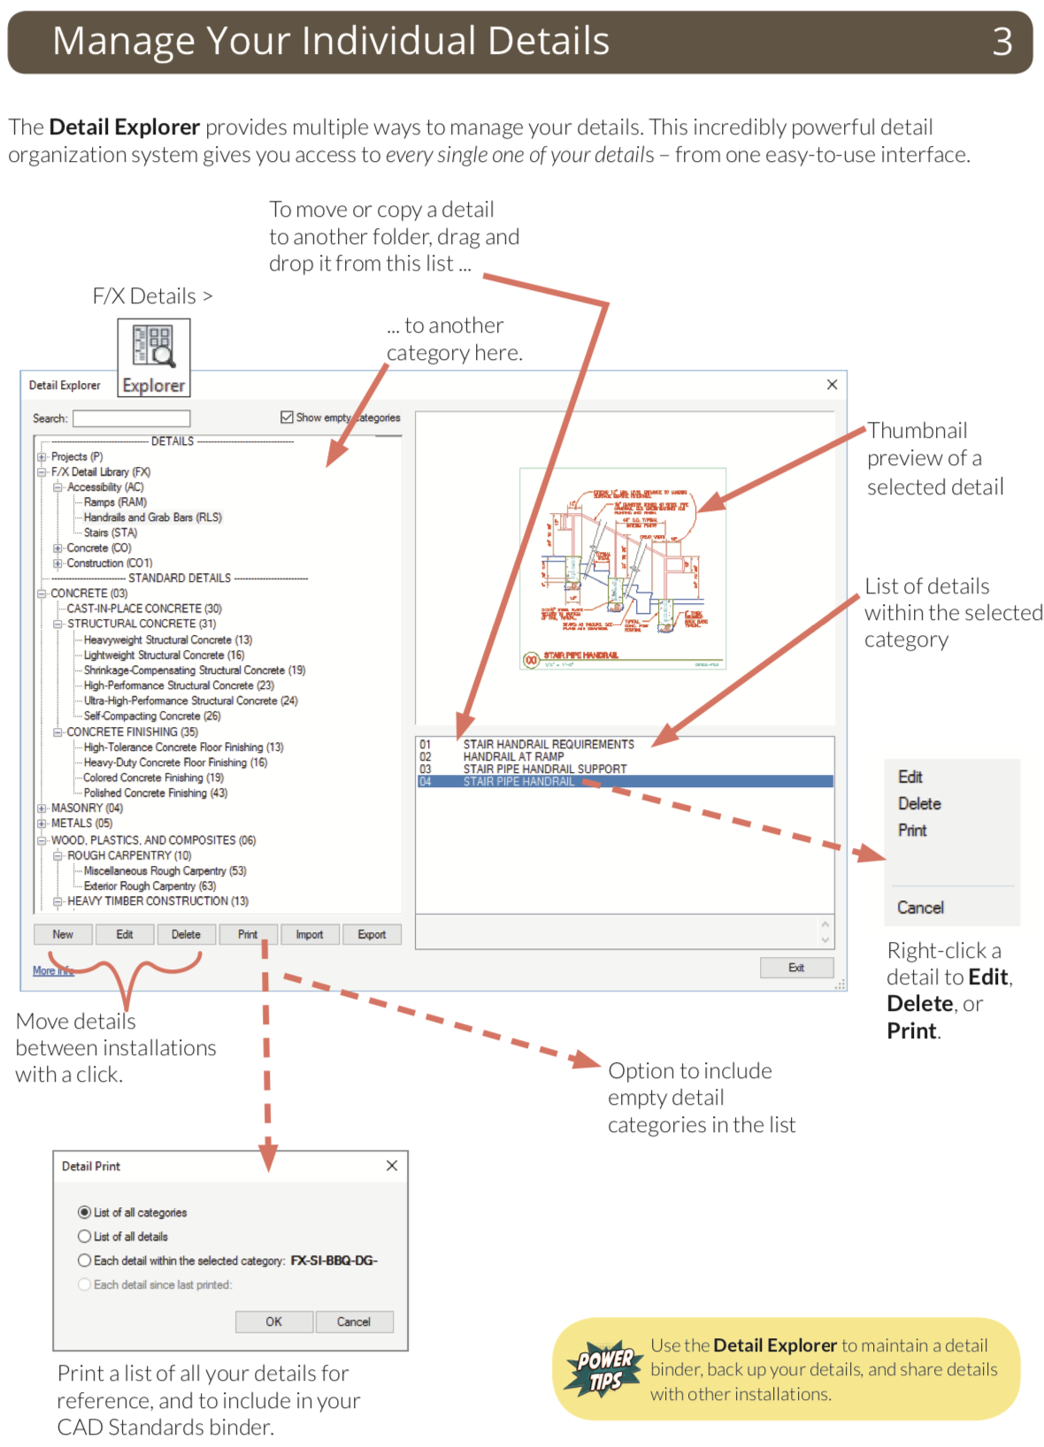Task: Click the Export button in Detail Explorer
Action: click(372, 935)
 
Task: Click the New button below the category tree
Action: click(63, 935)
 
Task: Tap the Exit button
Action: click(796, 968)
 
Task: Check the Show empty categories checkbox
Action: click(288, 417)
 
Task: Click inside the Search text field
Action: click(132, 418)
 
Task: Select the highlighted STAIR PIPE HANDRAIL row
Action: click(518, 782)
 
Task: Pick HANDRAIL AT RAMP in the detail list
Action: click(513, 757)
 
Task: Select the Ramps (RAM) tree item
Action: click(115, 502)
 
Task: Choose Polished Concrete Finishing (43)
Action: click(155, 793)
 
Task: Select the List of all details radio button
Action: click(85, 1236)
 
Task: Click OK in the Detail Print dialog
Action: click(274, 1321)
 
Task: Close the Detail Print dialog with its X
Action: click(392, 1166)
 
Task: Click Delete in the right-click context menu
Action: click(919, 804)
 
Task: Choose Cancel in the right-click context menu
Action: click(920, 907)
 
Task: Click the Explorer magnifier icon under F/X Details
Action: click(154, 347)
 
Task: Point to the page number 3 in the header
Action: click(1002, 42)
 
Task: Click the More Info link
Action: click(53, 971)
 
